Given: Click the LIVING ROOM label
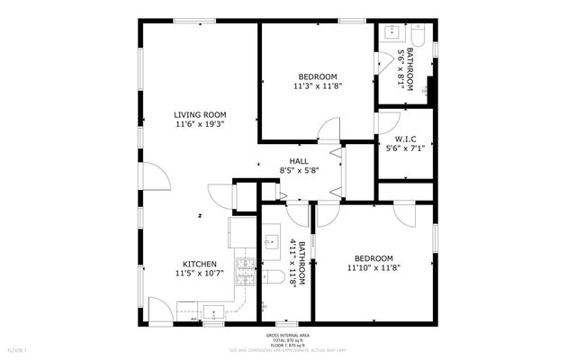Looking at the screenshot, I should tap(200, 114).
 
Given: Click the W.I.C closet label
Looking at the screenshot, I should tap(402, 138).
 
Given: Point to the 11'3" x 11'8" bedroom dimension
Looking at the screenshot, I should tap(317, 86).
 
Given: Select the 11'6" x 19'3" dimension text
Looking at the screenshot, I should tap(200, 124).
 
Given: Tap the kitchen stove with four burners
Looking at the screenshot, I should tap(245, 266).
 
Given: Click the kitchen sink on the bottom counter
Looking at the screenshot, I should tap(213, 312).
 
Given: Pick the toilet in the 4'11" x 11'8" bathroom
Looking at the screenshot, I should tap(274, 276).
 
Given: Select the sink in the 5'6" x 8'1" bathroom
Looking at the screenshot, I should tap(393, 32).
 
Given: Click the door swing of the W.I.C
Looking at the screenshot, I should tap(387, 122).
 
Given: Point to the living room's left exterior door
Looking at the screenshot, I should tap(157, 176).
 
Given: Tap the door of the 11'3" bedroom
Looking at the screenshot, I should tap(328, 130).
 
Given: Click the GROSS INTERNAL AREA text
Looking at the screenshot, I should tap(288, 334).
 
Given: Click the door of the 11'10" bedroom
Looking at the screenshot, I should tap(328, 214).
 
